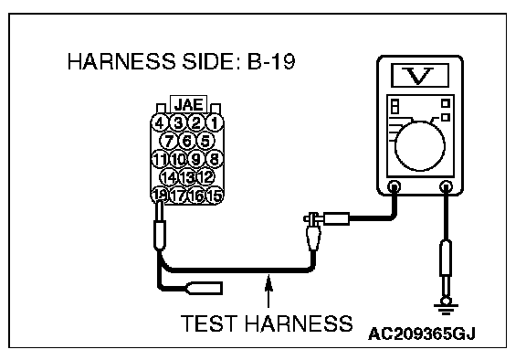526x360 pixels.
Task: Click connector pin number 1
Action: (x=215, y=122)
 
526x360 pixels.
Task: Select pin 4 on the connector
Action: (x=160, y=122)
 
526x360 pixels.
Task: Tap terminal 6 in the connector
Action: (x=187, y=141)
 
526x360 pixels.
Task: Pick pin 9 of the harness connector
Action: (x=196, y=159)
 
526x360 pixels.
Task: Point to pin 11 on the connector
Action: (x=160, y=159)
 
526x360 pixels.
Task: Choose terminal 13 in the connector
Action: (x=187, y=177)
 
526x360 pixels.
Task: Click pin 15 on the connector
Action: (x=215, y=196)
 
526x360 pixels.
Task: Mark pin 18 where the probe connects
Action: (x=160, y=195)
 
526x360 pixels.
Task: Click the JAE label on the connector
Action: (x=188, y=105)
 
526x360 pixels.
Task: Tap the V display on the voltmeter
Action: (x=420, y=76)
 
